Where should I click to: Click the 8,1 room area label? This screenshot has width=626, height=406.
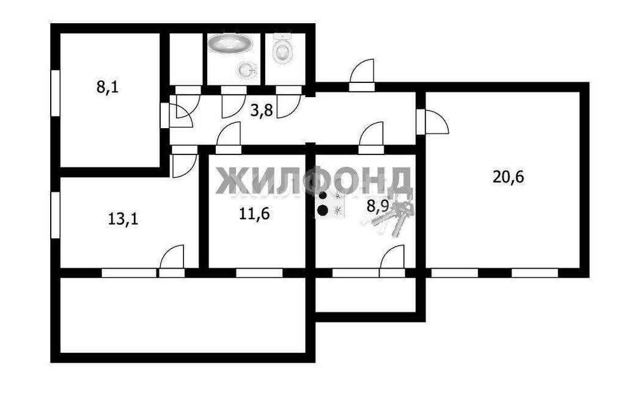click(108, 87)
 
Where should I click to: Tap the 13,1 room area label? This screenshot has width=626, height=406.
click(123, 219)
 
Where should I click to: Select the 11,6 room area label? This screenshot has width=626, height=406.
click(254, 214)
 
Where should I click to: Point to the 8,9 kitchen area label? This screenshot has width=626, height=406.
click(377, 206)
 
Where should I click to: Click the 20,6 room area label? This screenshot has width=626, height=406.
click(508, 176)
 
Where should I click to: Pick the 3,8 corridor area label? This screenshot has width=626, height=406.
click(262, 110)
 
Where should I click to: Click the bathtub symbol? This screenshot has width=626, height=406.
click(230, 43)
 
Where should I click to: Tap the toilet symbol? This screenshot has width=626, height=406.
click(283, 48)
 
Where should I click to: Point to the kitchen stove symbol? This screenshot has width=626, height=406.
click(330, 204)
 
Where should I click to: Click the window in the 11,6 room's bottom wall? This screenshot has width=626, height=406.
click(259, 273)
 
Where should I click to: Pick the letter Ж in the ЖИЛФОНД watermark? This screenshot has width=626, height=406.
click(230, 181)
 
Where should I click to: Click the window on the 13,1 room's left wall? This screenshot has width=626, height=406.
click(56, 216)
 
